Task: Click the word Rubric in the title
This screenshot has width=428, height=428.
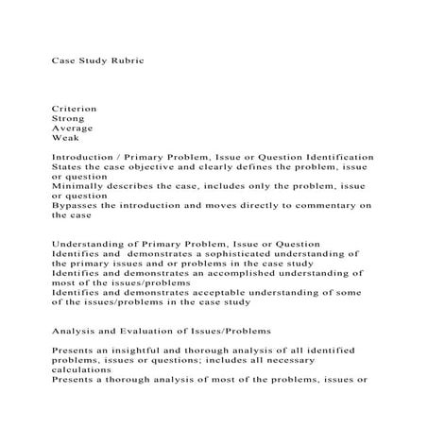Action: coord(124,60)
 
